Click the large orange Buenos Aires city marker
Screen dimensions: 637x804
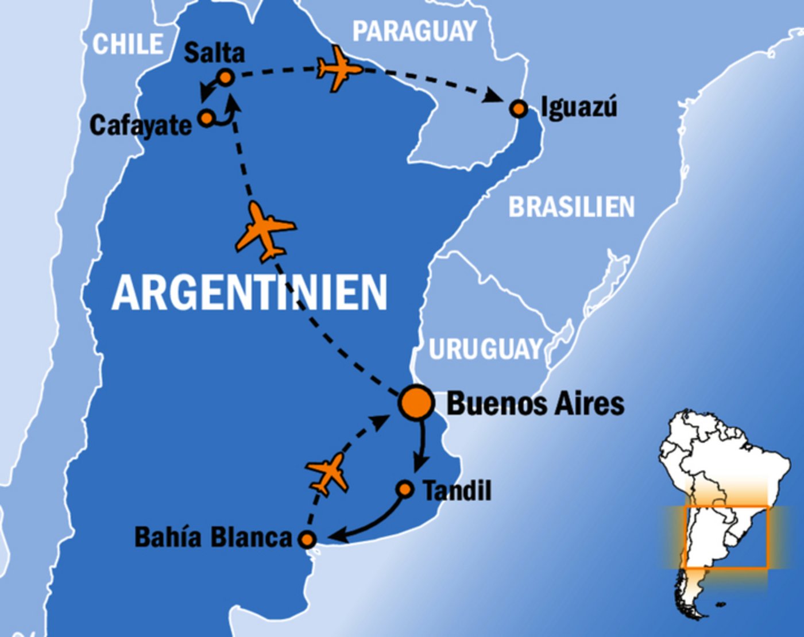(x=416, y=402)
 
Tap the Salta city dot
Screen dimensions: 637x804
(x=226, y=77)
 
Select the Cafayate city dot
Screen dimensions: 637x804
(x=206, y=118)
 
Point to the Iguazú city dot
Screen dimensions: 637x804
(x=519, y=108)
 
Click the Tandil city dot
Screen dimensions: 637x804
(x=405, y=489)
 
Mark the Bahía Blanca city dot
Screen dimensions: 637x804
(x=308, y=539)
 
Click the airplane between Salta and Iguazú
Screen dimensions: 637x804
(x=339, y=69)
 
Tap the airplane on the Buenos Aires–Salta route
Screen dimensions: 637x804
(x=265, y=231)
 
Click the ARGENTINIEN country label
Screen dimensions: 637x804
(x=250, y=292)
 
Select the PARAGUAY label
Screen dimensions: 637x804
(x=415, y=31)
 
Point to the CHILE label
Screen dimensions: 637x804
(x=127, y=44)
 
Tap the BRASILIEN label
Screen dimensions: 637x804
(x=571, y=207)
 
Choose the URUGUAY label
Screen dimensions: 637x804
(x=486, y=349)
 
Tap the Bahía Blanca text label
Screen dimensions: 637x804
(x=214, y=537)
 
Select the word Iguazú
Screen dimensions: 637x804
(x=579, y=107)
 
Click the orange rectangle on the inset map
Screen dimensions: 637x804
(x=726, y=537)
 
